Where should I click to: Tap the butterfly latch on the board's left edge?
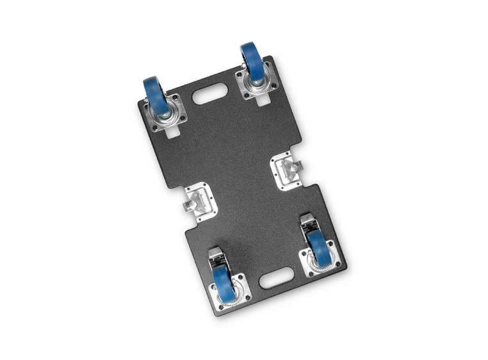point(199,204)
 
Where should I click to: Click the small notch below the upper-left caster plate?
point(171,134)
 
